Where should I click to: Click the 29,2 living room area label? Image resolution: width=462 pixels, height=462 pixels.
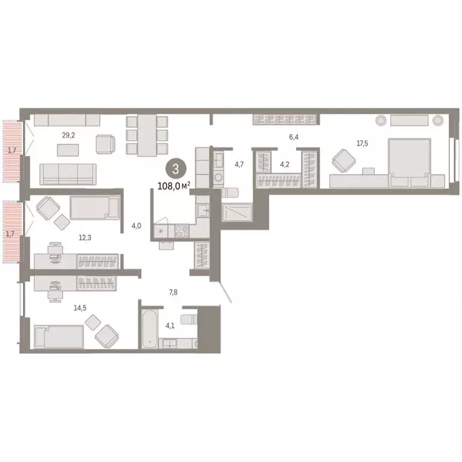68,135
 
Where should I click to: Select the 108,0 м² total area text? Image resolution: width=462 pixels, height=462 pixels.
174,186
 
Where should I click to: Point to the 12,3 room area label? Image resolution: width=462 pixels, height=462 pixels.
85,237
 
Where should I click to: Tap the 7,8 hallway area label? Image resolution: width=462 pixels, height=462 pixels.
173,292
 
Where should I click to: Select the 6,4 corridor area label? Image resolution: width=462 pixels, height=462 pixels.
294,137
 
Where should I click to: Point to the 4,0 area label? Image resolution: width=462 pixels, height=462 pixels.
136,226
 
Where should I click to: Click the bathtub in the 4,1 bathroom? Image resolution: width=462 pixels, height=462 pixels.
149,330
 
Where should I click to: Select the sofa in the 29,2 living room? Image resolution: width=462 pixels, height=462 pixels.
67,173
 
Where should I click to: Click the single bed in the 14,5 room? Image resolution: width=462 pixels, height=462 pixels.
59,337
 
